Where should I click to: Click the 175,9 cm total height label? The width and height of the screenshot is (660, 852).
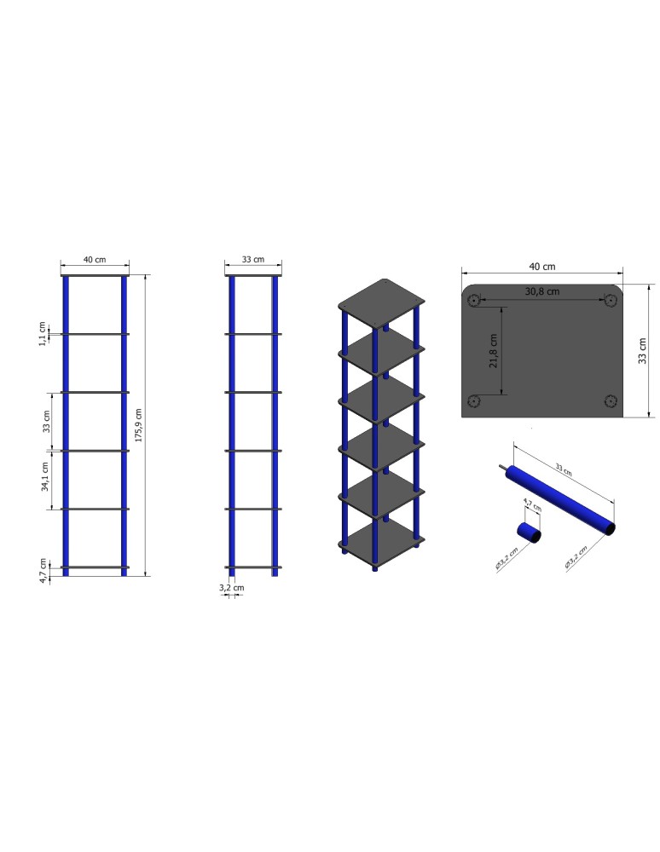pyautogui.click(x=139, y=425)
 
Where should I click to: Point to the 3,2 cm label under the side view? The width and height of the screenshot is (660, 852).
pyautogui.click(x=231, y=588)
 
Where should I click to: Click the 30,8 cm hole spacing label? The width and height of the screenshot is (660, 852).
pyautogui.click(x=542, y=291)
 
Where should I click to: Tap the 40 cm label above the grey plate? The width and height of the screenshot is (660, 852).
pyautogui.click(x=542, y=267)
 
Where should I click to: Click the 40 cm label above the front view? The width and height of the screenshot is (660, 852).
pyautogui.click(x=95, y=259)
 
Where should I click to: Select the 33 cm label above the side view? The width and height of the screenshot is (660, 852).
pyautogui.click(x=253, y=259)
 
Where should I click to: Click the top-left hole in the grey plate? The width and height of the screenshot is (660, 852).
pyautogui.click(x=474, y=300)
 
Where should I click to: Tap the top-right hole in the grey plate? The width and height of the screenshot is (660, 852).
pyautogui.click(x=611, y=300)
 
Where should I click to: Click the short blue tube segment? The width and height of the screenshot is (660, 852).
pyautogui.click(x=529, y=532)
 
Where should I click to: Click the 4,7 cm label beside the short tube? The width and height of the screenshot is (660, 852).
pyautogui.click(x=531, y=505)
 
